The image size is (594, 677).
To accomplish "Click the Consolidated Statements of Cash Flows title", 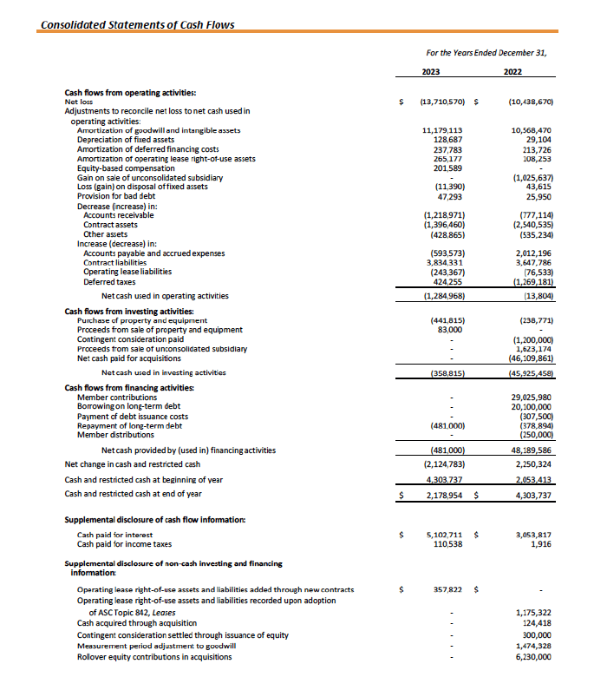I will (x=137, y=24).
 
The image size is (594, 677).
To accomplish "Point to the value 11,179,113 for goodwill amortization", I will (x=442, y=131).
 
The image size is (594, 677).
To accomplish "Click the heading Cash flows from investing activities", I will (x=129, y=312).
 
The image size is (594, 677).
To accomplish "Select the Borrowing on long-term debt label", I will (x=128, y=406).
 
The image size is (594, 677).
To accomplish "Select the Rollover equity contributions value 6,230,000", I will (x=531, y=656).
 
